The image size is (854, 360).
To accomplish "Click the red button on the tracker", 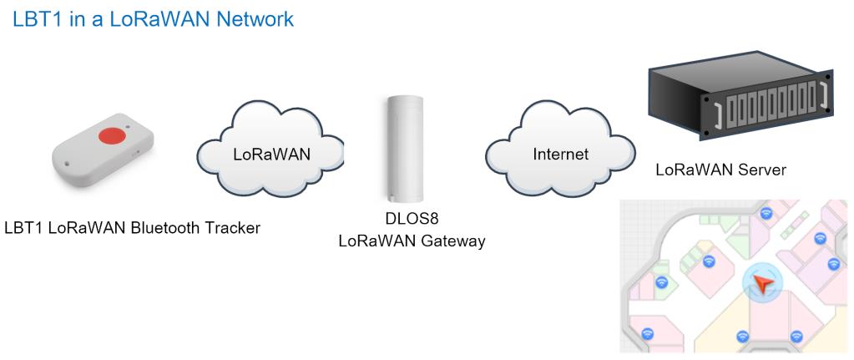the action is pos(110,135).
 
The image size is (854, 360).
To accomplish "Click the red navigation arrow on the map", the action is pos(761,283).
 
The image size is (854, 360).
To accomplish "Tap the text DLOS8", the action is pos(412,220).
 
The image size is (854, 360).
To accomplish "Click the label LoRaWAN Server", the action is pos(720,170).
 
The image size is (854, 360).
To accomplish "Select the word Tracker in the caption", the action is pos(231,228).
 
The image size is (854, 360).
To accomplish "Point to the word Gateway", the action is pos(452,241).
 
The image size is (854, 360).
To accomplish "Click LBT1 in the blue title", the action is pos(33,19).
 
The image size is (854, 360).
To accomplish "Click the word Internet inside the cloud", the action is pos(560,155).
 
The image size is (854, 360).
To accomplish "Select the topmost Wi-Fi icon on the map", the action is pos(766,212).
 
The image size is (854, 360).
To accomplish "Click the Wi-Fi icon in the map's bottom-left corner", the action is pos(647,333).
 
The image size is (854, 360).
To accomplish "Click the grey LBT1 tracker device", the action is pos(104,150).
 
